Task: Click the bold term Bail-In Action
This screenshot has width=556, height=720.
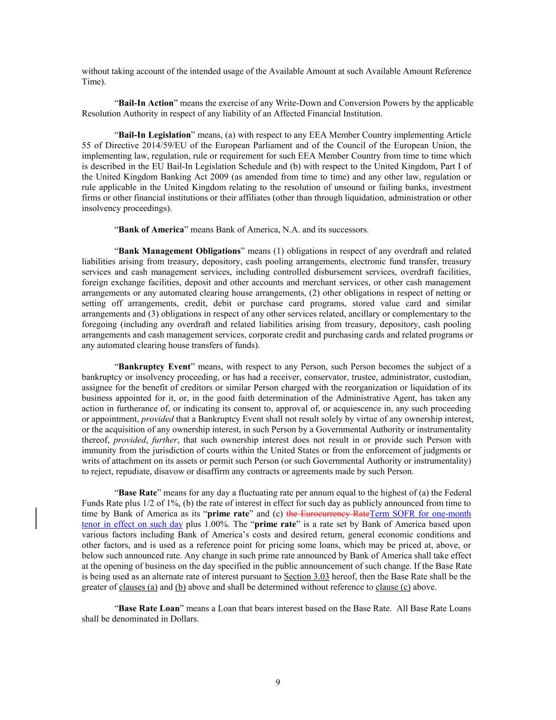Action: coord(146,103)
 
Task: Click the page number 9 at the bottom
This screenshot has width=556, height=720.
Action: coord(278,683)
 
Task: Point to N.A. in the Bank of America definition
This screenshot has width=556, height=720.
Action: coord(311,229)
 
